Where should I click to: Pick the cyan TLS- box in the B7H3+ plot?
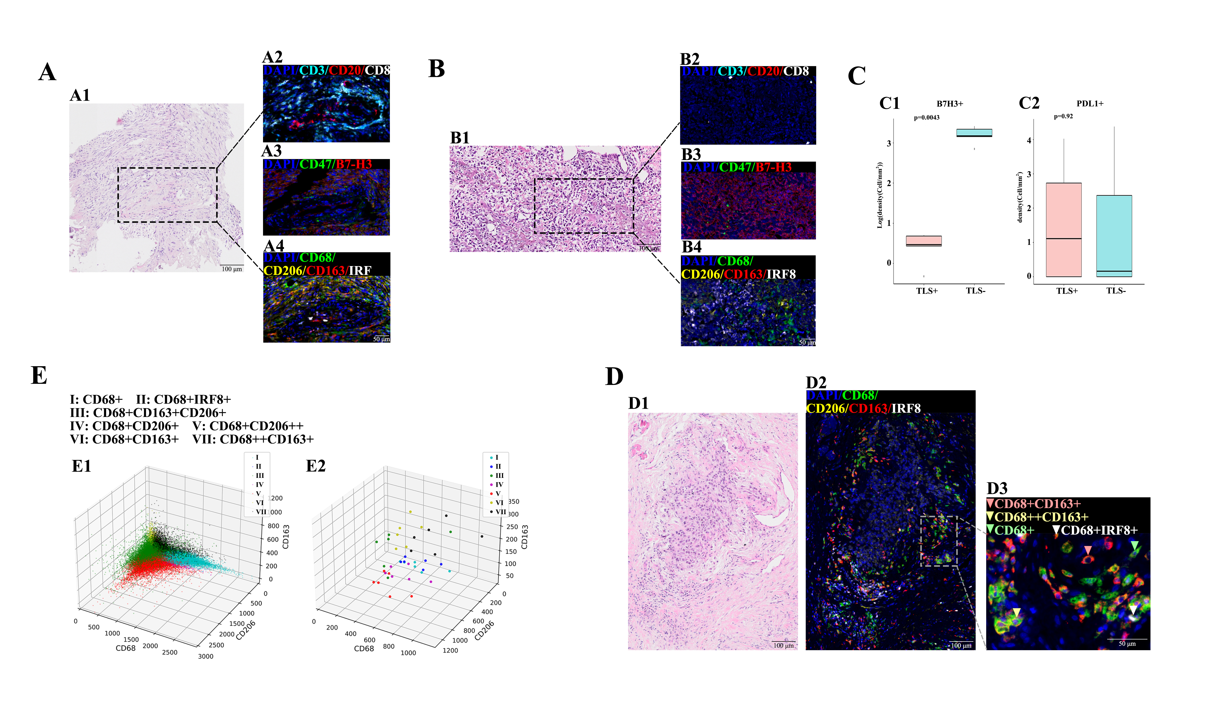click(x=974, y=133)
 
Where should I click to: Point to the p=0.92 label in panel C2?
click(x=1063, y=117)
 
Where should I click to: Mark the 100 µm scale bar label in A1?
click(x=232, y=269)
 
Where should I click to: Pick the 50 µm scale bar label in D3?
click(x=1127, y=644)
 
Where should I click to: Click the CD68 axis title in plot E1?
click(x=125, y=648)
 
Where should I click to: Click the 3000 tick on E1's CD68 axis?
click(x=206, y=657)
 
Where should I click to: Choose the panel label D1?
click(x=639, y=404)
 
